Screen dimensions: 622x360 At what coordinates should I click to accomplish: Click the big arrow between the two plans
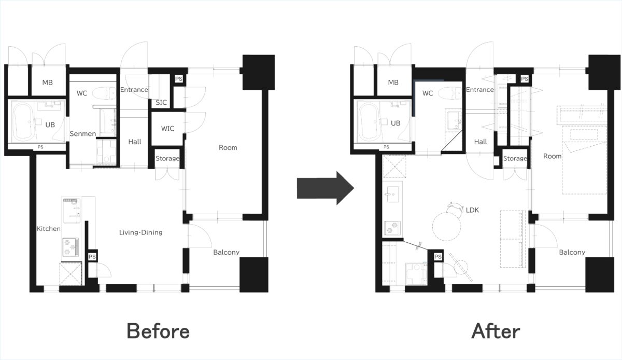click(x=326, y=188)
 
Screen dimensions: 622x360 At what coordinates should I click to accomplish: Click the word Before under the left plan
click(x=158, y=331)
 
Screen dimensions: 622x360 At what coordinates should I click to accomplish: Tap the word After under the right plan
click(x=496, y=331)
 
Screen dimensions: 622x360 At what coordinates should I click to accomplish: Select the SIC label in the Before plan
click(x=161, y=103)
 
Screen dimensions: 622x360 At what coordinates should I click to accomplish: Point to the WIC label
click(x=168, y=129)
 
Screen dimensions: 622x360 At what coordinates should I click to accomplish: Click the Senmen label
click(x=83, y=134)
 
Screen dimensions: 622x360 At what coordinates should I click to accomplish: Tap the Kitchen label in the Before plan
click(x=49, y=229)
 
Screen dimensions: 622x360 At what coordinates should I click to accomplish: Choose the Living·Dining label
click(x=141, y=232)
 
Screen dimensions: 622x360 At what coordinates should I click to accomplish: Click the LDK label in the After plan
click(x=472, y=210)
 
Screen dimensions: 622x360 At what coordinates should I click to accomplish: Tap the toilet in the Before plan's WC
click(x=104, y=93)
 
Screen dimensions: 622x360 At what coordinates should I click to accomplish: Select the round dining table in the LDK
click(x=446, y=226)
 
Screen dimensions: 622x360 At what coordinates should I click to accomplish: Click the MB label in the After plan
click(x=393, y=82)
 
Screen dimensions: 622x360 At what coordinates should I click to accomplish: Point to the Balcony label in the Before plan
click(x=227, y=253)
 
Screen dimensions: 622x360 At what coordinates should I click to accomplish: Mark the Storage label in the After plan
click(x=515, y=158)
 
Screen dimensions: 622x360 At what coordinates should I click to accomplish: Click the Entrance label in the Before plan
click(x=134, y=90)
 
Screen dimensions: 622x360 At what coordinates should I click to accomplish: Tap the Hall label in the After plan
click(x=480, y=142)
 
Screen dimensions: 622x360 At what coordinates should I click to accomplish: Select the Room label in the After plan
click(x=553, y=156)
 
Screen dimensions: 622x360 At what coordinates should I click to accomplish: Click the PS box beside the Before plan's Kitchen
click(x=92, y=257)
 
